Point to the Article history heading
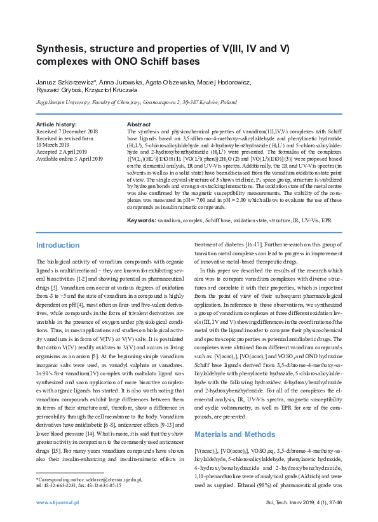[x=57, y=124]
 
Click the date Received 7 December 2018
[x=67, y=131]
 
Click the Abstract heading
[x=138, y=124]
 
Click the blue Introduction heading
[x=58, y=245]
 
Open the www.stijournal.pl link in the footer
[x=57, y=502]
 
